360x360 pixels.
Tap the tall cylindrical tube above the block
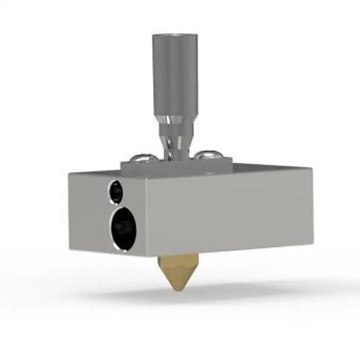[175, 76]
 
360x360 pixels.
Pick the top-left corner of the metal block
[69, 174]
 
